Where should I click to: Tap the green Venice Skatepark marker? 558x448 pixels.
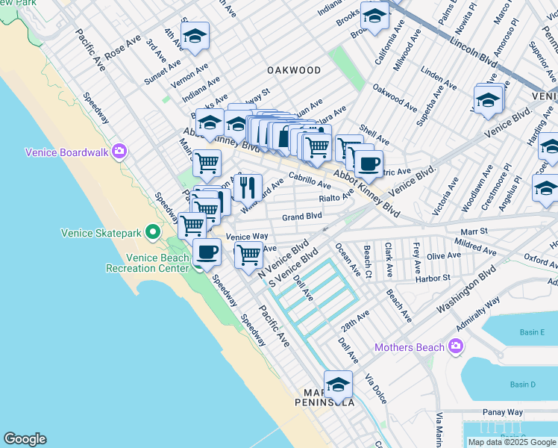coord(154,233)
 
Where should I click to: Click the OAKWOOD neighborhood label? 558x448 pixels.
coord(294,70)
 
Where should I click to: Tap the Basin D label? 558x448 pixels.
coord(523,385)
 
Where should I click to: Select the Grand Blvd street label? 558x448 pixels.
coord(301,217)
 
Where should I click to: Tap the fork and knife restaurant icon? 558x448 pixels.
coord(248,187)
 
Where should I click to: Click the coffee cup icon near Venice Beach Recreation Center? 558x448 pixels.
coord(207,252)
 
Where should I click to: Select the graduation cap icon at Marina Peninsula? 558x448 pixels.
coord(338,385)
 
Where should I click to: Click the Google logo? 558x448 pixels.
coord(25,439)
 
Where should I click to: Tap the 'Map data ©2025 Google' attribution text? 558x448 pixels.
coord(511,442)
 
